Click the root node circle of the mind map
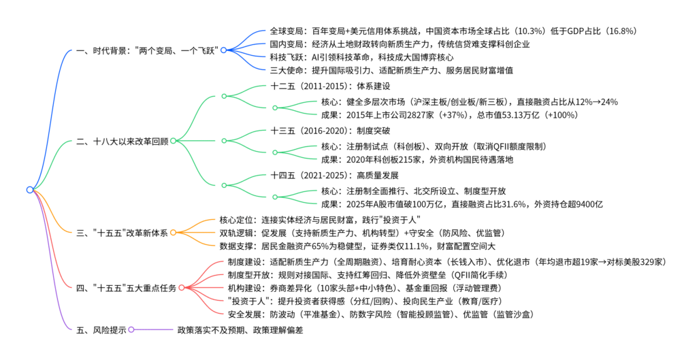click(x=30, y=189)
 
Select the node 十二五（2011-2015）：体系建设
click(x=330, y=86)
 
